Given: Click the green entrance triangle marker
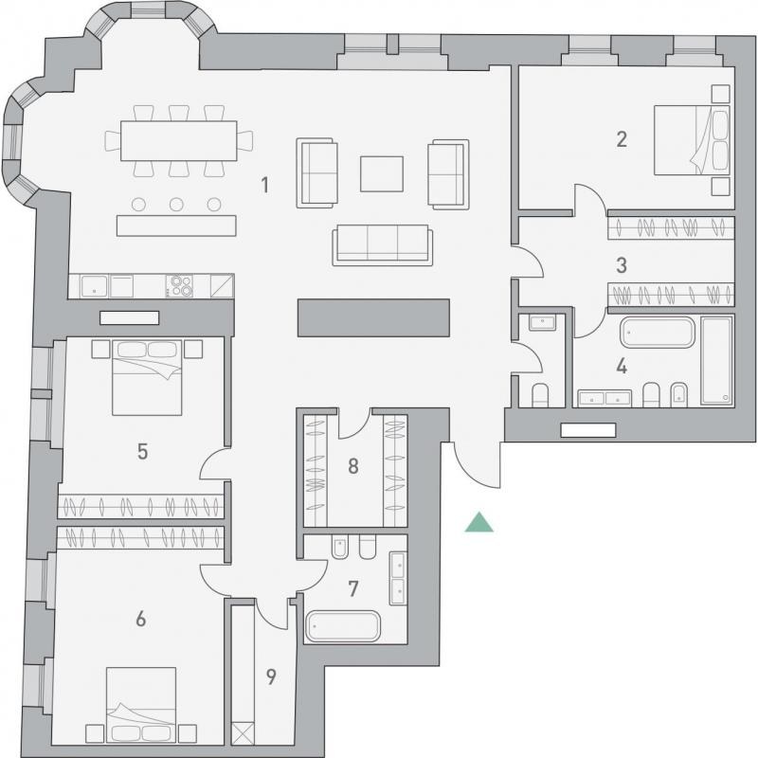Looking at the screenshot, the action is tap(479, 523).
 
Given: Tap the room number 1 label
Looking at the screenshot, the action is tap(265, 185).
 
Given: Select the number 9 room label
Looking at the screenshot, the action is tap(271, 677).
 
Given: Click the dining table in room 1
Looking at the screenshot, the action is tap(179, 140).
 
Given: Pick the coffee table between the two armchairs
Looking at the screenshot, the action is tap(382, 174).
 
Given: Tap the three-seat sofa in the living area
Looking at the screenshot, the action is tap(383, 245).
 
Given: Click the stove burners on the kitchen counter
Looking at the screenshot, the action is tap(179, 286).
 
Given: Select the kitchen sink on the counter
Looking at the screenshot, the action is tap(94, 286).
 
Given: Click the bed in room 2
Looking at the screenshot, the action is tap(692, 140).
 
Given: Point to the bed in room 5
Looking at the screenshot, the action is tap(147, 377).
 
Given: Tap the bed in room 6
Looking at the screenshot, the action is tap(140, 705).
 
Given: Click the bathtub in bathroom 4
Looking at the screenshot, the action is tap(658, 333).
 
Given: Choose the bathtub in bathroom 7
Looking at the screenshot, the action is tap(343, 626).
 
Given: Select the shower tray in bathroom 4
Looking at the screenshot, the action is tap(717, 360).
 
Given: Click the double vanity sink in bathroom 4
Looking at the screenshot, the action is tap(605, 398).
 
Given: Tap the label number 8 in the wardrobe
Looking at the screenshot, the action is tap(353, 466).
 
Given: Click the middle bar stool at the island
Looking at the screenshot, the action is tap(176, 205).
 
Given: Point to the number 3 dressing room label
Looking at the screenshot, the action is tap(622, 265).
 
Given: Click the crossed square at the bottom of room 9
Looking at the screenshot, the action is tap(243, 732).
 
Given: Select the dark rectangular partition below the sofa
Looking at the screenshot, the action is tap(373, 317).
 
